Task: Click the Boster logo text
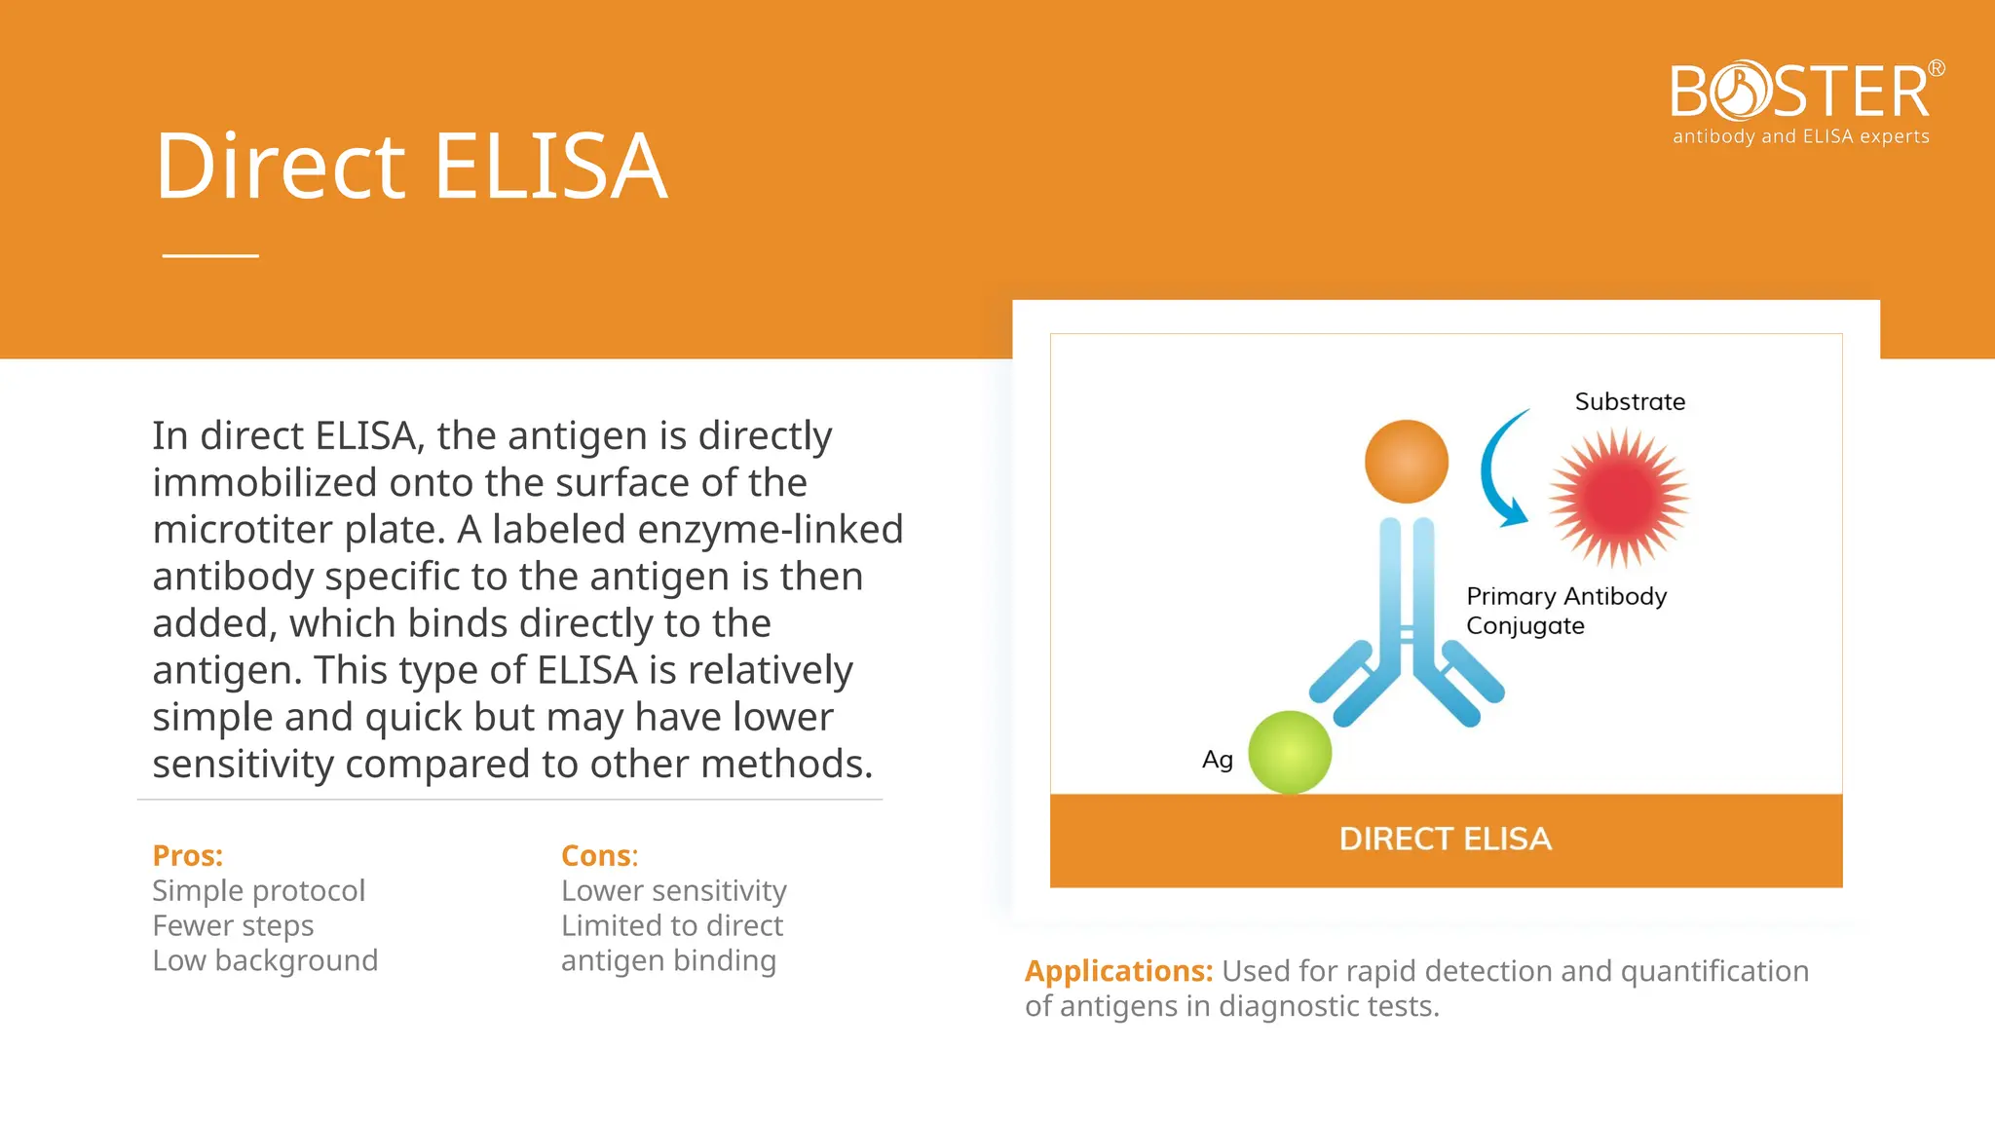click(x=1800, y=93)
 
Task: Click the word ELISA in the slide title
click(x=550, y=168)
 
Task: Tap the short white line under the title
click(x=210, y=255)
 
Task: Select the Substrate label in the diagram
click(x=1630, y=401)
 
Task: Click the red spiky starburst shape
click(x=1619, y=498)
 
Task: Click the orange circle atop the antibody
click(x=1406, y=462)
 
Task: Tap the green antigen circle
click(x=1290, y=752)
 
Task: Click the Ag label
click(x=1218, y=760)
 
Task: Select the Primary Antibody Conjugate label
click(x=1565, y=611)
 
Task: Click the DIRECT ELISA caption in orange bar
click(x=1446, y=840)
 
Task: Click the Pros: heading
click(x=188, y=856)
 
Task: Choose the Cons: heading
click(x=599, y=856)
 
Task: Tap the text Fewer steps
click(x=233, y=925)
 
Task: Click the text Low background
click(x=265, y=960)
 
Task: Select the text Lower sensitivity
click(x=673, y=890)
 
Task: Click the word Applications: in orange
click(x=1118, y=971)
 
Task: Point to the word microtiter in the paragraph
click(x=248, y=530)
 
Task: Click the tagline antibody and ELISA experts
click(x=1800, y=137)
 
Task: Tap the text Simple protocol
click(x=258, y=890)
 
